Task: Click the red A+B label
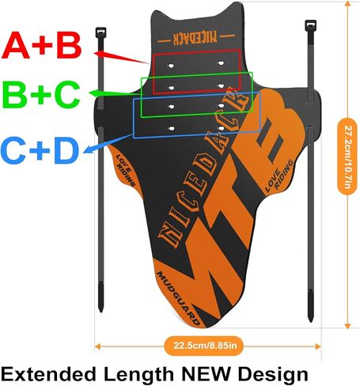click(x=41, y=45)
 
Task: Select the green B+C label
click(x=41, y=94)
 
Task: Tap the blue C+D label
click(x=40, y=150)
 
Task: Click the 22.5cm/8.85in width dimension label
click(x=205, y=346)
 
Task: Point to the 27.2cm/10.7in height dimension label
click(x=347, y=157)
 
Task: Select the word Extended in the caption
click(x=48, y=374)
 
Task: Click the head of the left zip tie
click(x=100, y=32)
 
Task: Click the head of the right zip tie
click(x=310, y=25)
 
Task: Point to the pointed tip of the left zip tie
click(x=100, y=311)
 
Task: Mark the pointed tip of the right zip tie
click(x=311, y=320)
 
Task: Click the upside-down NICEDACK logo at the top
click(x=195, y=38)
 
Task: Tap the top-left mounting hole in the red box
click(x=171, y=65)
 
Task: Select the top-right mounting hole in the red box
click(x=221, y=63)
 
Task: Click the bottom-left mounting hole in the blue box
click(x=172, y=129)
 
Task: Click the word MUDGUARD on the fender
click(x=179, y=298)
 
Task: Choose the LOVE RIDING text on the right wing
click(x=279, y=176)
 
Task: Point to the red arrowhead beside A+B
click(x=100, y=54)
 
